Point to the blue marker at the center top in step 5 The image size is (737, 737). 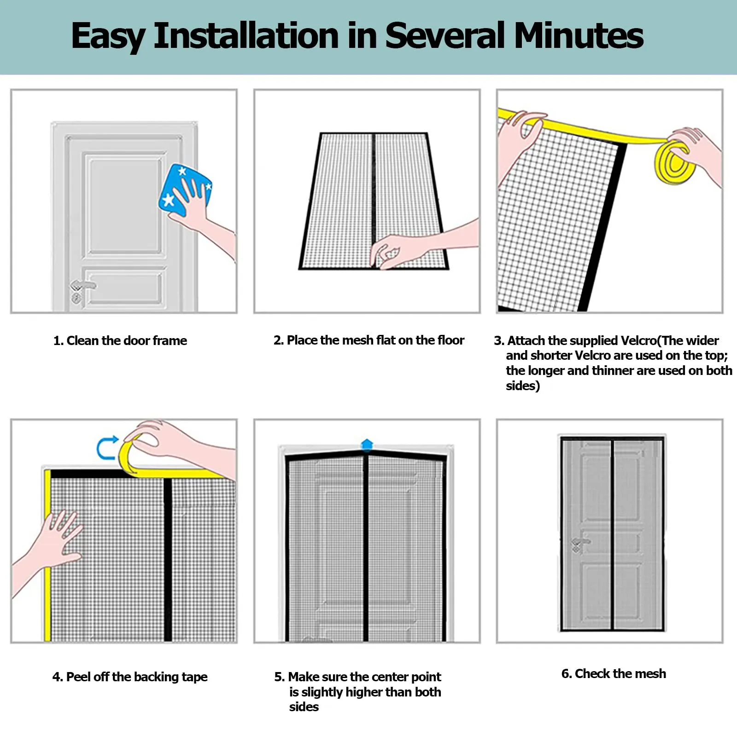pos(367,445)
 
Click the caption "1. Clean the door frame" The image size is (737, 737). pos(120,341)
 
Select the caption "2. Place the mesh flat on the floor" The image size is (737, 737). pos(368,340)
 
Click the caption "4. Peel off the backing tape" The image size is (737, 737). pos(130,677)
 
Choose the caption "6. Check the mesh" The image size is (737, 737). pos(614,673)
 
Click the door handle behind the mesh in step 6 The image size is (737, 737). pos(581,544)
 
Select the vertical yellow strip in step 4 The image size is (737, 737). pos(47,555)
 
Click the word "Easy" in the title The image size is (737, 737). pos(108,37)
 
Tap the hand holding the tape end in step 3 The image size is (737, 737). pos(518,138)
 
